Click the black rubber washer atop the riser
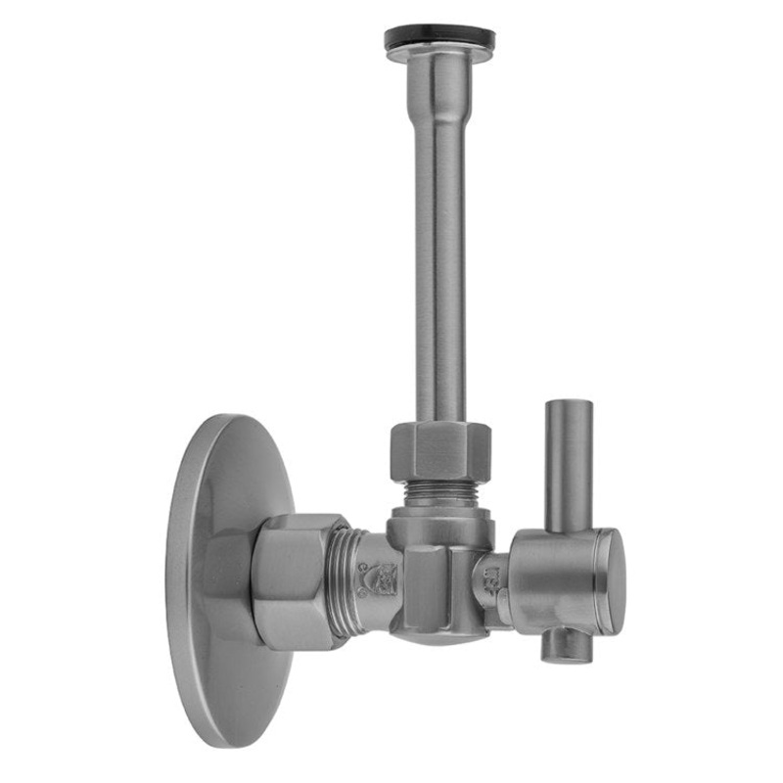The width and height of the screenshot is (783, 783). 439,37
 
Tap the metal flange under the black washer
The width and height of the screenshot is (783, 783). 439,55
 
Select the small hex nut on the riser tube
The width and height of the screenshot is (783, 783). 439,450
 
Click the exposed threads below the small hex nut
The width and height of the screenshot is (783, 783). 439,492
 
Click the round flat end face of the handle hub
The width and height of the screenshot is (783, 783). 610,581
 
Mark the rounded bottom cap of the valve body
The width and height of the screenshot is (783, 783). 431,636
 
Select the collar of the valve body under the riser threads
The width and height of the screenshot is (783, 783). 439,526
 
